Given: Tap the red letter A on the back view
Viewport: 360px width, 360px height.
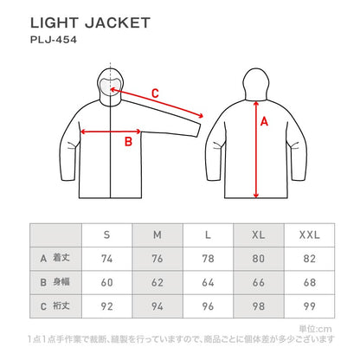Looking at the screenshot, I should [x=265, y=122].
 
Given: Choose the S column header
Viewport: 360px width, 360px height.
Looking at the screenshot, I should [x=106, y=235].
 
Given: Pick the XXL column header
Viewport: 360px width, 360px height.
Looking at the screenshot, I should [x=310, y=235].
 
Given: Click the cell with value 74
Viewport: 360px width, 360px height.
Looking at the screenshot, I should [x=106, y=258].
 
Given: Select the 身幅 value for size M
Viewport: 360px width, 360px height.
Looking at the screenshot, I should [x=157, y=280].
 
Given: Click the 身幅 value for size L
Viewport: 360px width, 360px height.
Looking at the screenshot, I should [x=209, y=280].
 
